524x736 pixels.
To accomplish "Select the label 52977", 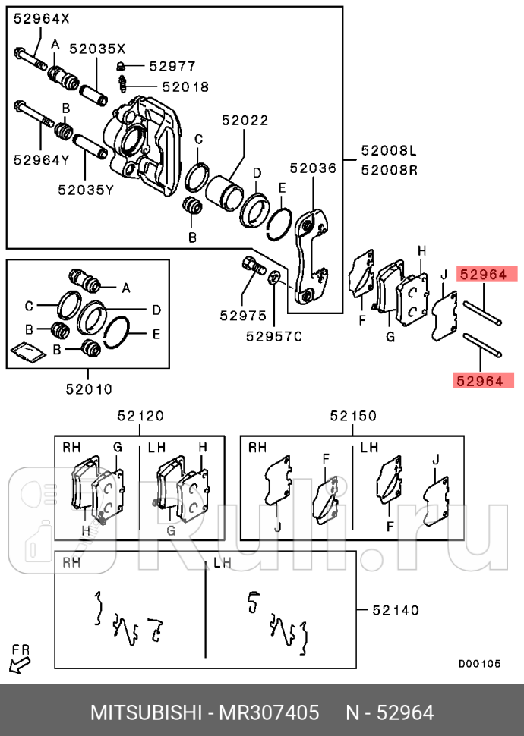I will coord(172,66).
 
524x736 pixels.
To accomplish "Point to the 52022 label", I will coord(245,120).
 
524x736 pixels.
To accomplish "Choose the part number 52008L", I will coord(389,151).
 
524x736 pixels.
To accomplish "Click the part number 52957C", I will coord(273,335).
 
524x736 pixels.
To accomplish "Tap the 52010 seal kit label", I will coord(88,389).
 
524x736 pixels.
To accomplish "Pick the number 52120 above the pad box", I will coord(140,416).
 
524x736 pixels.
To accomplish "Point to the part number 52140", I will coord(395,609).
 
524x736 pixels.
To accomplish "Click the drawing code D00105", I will coord(478,663).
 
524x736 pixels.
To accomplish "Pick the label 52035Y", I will coord(85,190).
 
